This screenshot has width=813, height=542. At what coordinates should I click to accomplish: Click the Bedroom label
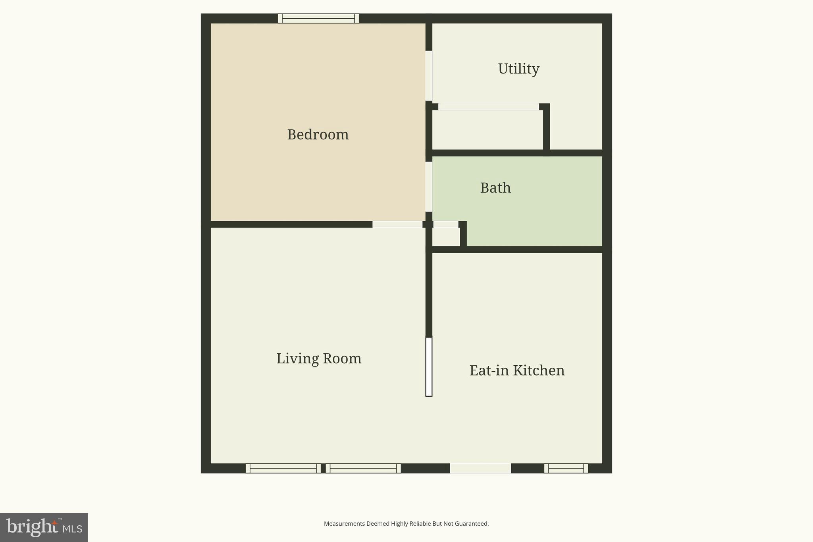tap(318, 135)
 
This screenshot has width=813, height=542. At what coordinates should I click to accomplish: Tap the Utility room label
tap(518, 69)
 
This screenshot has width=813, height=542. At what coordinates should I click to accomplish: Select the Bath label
tap(495, 188)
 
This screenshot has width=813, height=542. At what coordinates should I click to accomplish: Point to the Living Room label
tap(319, 359)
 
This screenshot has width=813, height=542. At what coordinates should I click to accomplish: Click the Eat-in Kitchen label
tap(517, 370)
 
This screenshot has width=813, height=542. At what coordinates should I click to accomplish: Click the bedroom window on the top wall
tap(318, 18)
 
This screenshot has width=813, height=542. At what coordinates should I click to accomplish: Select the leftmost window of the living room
tap(283, 468)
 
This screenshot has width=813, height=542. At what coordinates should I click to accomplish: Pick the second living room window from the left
tap(363, 468)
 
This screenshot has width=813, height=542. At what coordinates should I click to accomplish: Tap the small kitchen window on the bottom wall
tap(566, 468)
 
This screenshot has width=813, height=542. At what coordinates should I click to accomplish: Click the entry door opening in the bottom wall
tap(480, 468)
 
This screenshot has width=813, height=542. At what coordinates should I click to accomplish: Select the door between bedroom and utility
tap(429, 75)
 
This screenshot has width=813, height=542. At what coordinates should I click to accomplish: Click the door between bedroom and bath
tap(429, 186)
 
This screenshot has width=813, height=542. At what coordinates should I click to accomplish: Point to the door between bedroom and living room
tap(397, 224)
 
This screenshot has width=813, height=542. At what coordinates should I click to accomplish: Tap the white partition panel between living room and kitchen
tap(429, 366)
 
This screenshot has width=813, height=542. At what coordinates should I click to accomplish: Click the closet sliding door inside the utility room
tap(488, 107)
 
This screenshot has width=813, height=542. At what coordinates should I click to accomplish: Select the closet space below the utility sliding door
tap(487, 130)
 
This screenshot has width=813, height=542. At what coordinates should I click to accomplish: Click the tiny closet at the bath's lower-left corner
tap(445, 237)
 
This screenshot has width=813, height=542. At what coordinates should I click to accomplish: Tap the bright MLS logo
tap(44, 527)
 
